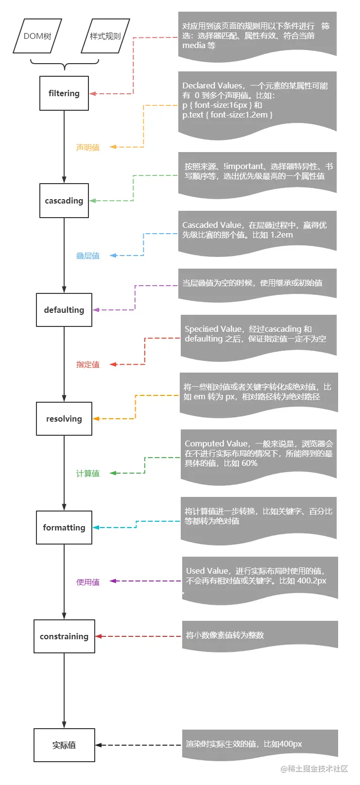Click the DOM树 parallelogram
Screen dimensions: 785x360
tap(37, 36)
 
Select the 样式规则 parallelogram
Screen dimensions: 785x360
tap(105, 36)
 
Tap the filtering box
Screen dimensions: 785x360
tap(64, 93)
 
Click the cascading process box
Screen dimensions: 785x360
tap(64, 201)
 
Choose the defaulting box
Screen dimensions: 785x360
tap(64, 310)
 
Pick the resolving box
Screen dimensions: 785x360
tap(64, 419)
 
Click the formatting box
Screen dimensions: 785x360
tap(64, 528)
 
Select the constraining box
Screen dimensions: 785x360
tap(64, 636)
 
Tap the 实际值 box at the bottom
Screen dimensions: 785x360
tap(64, 745)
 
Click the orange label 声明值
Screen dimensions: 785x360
tap(88, 147)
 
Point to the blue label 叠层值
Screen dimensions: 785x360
tap(88, 256)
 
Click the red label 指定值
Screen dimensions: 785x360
tap(88, 364)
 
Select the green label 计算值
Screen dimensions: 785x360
tap(88, 473)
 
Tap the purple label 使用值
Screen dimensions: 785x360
tap(88, 582)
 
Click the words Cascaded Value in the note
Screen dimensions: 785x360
tap(211, 225)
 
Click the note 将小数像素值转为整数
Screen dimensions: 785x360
tap(225, 635)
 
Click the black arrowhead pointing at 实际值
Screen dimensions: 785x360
tap(99, 745)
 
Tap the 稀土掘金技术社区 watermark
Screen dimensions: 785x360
tap(314, 768)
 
